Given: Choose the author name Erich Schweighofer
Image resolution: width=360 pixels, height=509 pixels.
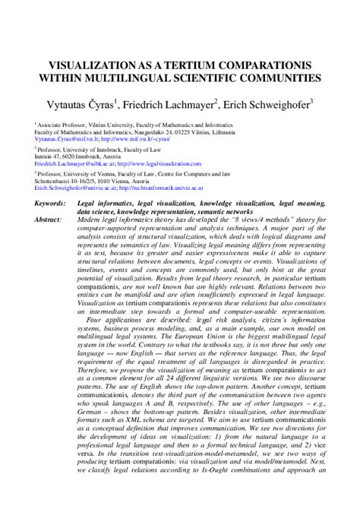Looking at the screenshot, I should (266, 103).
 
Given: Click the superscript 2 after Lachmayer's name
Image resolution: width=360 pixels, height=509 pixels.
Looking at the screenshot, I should (217, 99).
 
